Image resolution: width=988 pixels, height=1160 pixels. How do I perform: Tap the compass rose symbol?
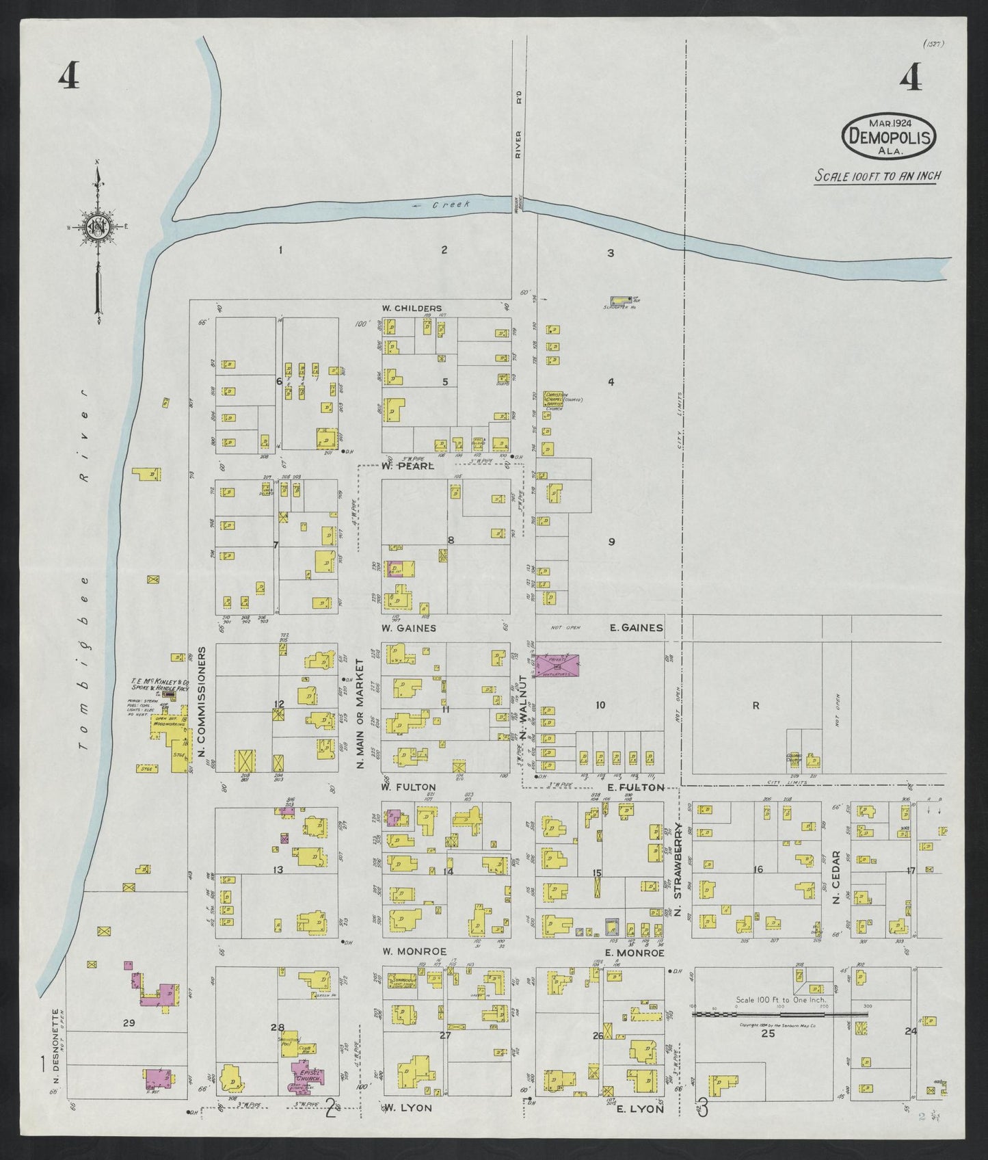[97, 227]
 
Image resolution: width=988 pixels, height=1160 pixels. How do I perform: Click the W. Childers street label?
[412, 308]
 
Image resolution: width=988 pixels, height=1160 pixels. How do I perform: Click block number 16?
[757, 869]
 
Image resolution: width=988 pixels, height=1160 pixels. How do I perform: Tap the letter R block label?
[756, 706]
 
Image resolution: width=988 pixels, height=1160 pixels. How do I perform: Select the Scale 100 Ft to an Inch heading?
[877, 176]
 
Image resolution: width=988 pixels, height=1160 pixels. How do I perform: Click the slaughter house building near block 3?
[621, 300]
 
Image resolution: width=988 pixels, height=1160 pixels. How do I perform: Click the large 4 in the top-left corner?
[68, 76]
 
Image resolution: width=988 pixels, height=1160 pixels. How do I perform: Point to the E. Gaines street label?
[636, 627]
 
